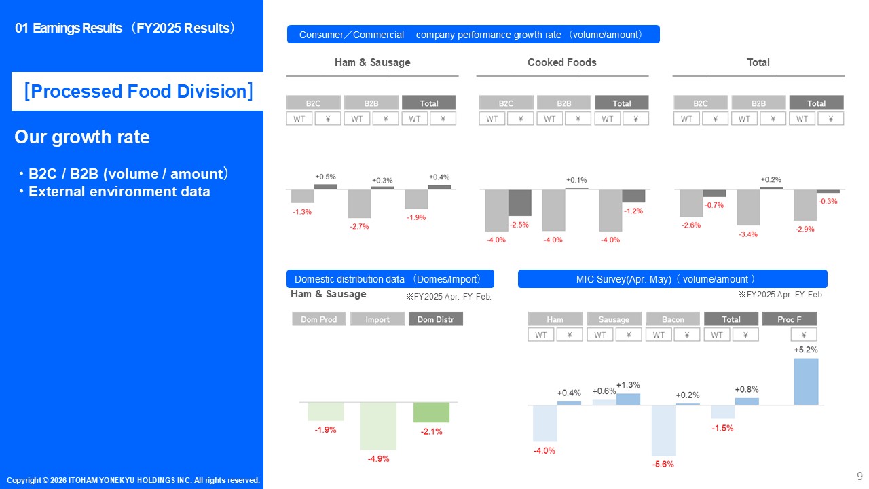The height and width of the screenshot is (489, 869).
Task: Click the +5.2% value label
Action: click(805, 350)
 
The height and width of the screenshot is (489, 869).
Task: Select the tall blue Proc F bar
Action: click(806, 382)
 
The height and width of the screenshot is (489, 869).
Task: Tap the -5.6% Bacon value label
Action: click(663, 464)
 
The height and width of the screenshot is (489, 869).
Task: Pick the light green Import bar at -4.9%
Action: click(378, 426)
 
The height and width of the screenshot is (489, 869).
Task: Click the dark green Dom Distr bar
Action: click(431, 412)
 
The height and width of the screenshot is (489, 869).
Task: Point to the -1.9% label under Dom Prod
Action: click(325, 430)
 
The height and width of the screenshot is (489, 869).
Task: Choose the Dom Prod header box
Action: click(319, 319)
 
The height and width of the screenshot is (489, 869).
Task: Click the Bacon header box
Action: click(673, 319)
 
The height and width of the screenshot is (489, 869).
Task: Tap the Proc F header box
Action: click(790, 319)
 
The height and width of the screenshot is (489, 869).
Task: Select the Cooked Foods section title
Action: click(561, 62)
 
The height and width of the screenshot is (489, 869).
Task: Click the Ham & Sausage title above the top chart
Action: click(373, 62)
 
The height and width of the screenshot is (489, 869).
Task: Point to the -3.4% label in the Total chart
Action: click(748, 234)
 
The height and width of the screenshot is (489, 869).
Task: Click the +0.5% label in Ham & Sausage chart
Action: click(325, 177)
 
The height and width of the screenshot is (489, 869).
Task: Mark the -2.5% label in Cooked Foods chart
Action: click(519, 225)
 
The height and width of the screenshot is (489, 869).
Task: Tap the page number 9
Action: click(859, 476)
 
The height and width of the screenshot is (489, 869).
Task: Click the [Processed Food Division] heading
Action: click(138, 91)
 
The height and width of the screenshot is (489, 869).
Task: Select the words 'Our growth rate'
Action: click(82, 137)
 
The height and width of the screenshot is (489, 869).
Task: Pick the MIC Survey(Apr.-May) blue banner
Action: click(672, 279)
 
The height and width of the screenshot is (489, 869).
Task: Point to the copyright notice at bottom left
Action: click(134, 480)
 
